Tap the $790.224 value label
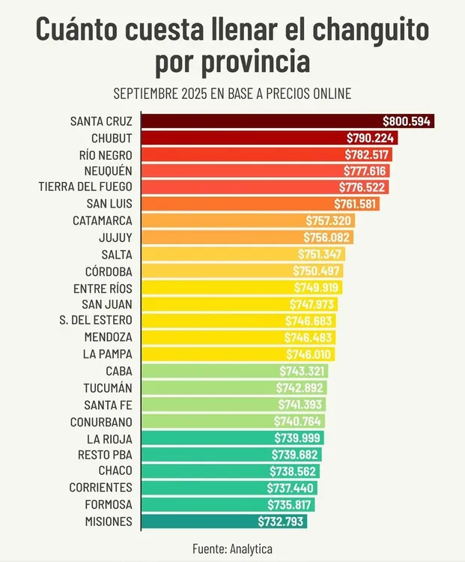(x=370, y=138)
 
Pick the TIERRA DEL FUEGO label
(x=85, y=187)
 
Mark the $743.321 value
(x=303, y=371)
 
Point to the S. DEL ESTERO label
(x=96, y=321)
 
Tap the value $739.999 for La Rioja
(x=298, y=438)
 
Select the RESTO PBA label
(x=105, y=455)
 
